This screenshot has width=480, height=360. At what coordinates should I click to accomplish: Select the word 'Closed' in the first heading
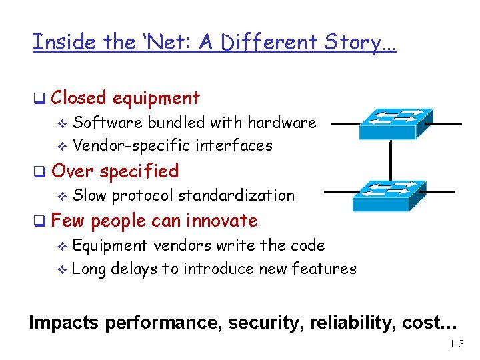click(79, 98)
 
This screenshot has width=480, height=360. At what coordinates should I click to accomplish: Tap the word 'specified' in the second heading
click(139, 171)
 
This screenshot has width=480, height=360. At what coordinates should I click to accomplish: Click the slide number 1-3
click(457, 345)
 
